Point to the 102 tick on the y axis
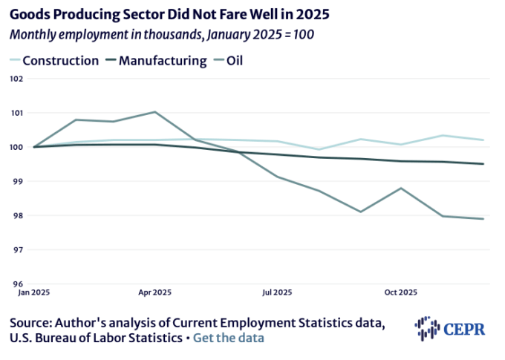16,79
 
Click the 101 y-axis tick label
16,113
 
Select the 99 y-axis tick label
17,181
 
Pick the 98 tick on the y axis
17,215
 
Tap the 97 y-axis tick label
17,249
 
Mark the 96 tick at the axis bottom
17,284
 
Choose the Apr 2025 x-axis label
154,292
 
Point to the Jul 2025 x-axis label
277,292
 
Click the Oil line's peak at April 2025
154,112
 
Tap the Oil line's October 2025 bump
401,188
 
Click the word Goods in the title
31,14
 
